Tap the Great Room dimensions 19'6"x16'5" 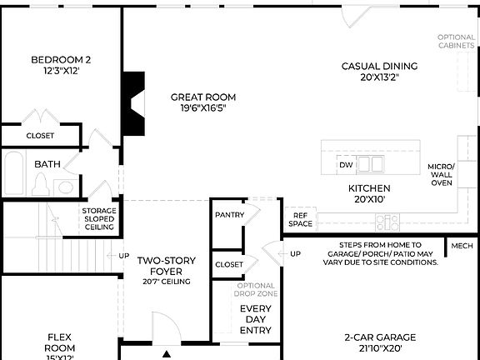203,107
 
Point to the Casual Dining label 379,67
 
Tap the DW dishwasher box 346,165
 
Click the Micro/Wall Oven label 442,175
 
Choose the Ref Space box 300,219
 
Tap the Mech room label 462,246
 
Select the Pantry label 229,215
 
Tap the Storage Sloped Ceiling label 98,219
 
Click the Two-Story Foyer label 167,266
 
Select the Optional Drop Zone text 255,291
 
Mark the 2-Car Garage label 380,342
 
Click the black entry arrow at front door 167,353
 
